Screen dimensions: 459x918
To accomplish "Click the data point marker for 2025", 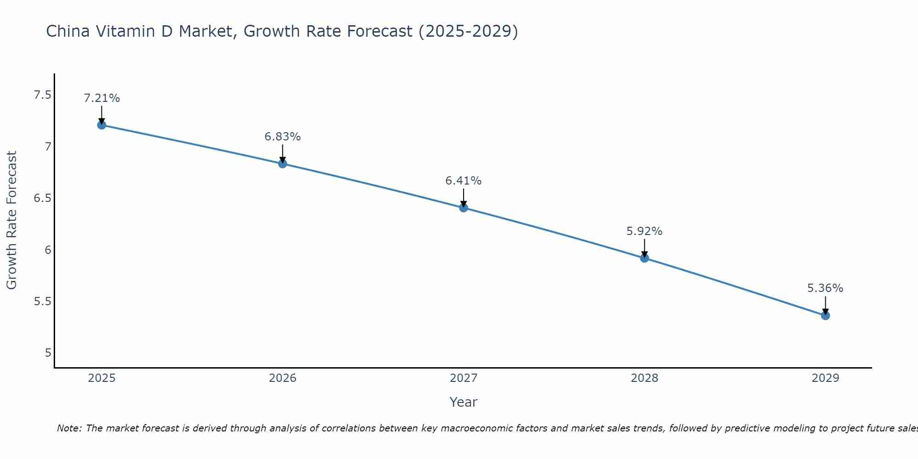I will [102, 125].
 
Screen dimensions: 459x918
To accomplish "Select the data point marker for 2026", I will [283, 164].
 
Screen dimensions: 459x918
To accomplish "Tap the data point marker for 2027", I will [464, 207].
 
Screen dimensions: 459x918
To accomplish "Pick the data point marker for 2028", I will [644, 258].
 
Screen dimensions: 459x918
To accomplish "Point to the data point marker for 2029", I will [825, 315].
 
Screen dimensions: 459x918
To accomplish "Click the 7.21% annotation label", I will [102, 98].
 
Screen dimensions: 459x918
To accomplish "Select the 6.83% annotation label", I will [283, 137].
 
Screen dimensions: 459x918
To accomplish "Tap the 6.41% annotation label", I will [464, 181].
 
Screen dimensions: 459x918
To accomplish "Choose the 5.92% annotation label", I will [644, 231].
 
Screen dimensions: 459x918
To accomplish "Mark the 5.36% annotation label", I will [825, 288].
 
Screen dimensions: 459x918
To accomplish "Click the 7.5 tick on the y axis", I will [42, 95].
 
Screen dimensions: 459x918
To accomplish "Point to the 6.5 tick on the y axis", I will [42, 198].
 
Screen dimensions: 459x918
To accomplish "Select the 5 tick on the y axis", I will [48, 353].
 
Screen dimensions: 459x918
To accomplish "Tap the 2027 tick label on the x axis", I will [464, 378].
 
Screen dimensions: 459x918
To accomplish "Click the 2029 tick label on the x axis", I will [825, 378].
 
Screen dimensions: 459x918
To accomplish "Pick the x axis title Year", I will [464, 402].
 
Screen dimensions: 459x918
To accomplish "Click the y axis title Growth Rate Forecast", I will [12, 220].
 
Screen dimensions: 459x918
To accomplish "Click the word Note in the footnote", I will [69, 428].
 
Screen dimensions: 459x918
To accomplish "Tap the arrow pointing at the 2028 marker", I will [644, 248].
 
